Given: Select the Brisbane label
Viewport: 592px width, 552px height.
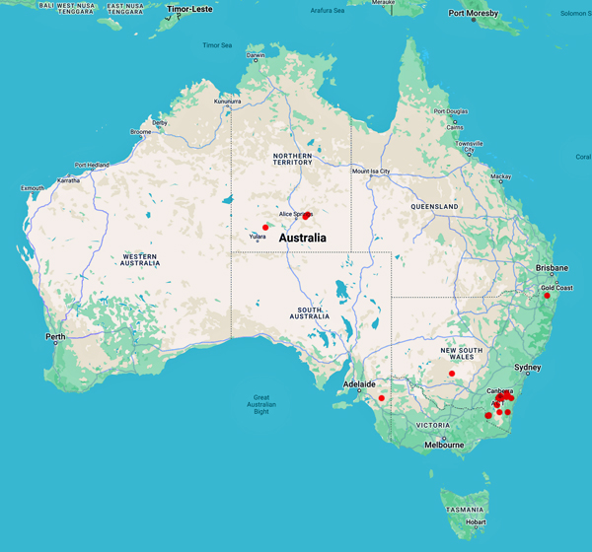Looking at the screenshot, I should point(553,268).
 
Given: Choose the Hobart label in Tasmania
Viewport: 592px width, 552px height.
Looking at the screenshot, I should point(475,522).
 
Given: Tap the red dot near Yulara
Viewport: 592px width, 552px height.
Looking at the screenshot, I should point(265,228).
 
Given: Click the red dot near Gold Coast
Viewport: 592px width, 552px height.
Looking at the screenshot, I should point(547,296).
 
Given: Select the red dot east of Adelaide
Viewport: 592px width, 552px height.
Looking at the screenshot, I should point(382,398).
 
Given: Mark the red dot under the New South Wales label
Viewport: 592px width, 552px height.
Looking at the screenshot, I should point(452,374).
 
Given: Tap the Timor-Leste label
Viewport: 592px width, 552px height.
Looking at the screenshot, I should point(192,10).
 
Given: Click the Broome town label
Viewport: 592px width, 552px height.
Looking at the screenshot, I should point(140,131).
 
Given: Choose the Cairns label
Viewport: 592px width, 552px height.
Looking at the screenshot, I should point(455,127).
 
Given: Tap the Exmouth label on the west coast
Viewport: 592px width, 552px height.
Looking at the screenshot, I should point(33,187).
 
